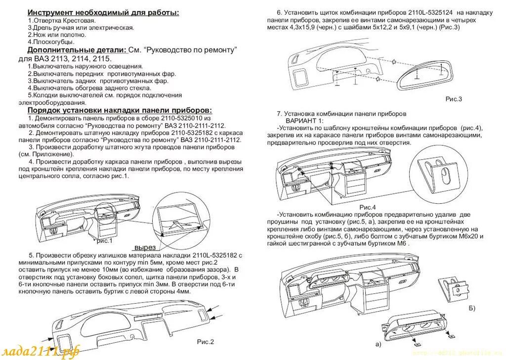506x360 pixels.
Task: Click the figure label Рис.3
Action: coord(453,99)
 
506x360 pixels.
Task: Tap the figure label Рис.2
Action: coord(205,341)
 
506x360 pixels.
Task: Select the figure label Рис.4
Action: coord(368,207)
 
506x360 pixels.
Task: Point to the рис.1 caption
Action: coord(105,241)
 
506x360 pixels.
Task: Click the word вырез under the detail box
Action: coord(145,247)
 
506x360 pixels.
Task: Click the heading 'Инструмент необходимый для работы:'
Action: coord(103,12)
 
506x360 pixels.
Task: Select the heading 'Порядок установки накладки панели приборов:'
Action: coord(120,110)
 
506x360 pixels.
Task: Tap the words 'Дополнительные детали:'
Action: coord(77,50)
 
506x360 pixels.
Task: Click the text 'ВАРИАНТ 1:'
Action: coord(304,121)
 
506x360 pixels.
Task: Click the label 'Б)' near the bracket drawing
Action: coord(472,309)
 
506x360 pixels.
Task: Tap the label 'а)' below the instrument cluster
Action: coord(378,343)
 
